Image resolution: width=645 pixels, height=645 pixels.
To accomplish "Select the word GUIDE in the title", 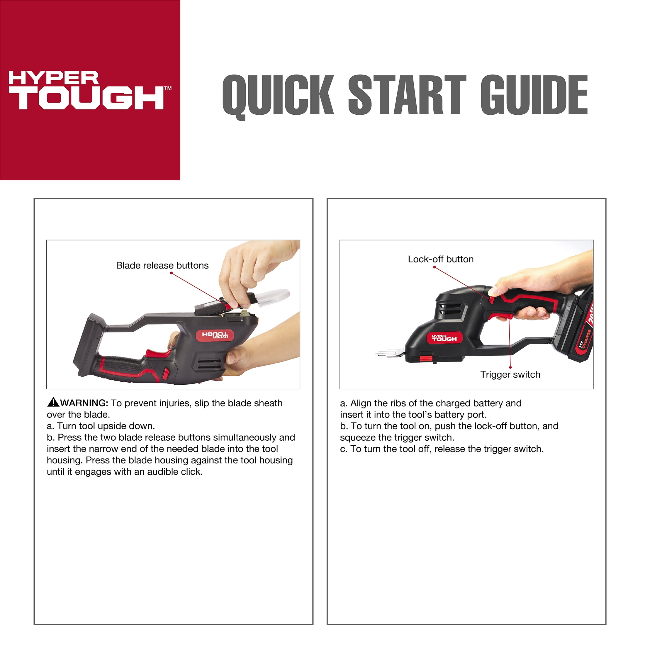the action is (534, 95).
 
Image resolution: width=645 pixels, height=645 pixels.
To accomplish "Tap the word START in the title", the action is (407, 95).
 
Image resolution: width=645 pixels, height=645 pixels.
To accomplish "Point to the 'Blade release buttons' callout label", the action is (162, 265).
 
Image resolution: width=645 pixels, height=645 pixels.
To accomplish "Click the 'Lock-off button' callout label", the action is (441, 259).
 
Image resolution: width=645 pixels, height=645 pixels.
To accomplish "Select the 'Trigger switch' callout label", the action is (510, 375).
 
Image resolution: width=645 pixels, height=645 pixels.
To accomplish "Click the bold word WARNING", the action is (84, 403).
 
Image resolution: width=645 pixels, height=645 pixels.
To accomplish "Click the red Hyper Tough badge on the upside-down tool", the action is (215, 335).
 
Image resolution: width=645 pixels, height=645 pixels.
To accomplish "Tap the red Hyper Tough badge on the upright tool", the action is (445, 338).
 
